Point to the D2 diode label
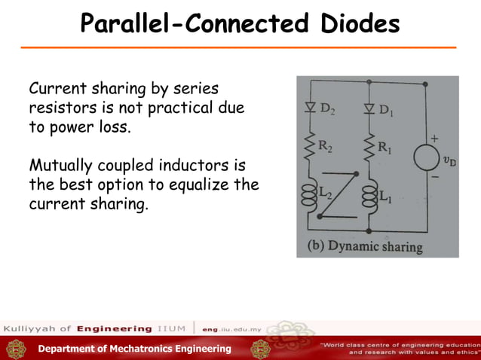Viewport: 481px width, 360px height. point(328,108)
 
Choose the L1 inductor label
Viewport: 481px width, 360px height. point(384,197)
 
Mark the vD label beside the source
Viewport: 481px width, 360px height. point(449,160)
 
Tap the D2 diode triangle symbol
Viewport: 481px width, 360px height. point(309,108)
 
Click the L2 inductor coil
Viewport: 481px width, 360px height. point(309,196)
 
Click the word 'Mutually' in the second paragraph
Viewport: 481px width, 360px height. point(57,165)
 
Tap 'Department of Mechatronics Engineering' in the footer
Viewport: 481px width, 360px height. point(135,349)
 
